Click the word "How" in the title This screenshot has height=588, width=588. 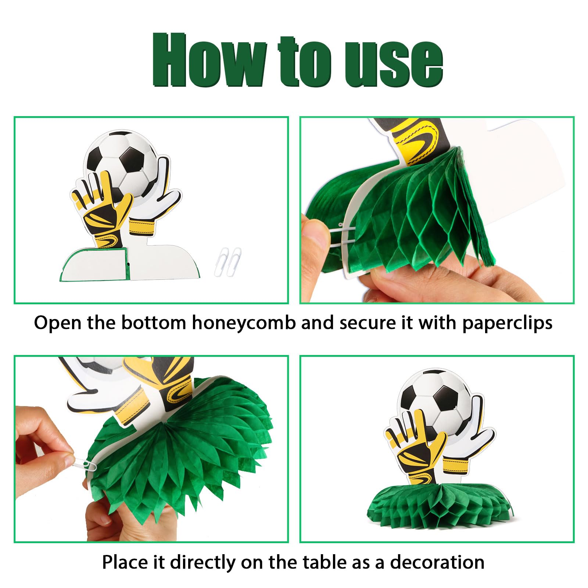[209, 60]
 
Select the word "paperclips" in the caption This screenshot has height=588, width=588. [507, 323]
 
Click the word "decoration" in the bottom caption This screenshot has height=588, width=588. [437, 562]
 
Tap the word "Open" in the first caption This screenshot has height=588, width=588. [58, 323]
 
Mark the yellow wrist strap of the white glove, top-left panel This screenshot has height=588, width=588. [142, 226]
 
